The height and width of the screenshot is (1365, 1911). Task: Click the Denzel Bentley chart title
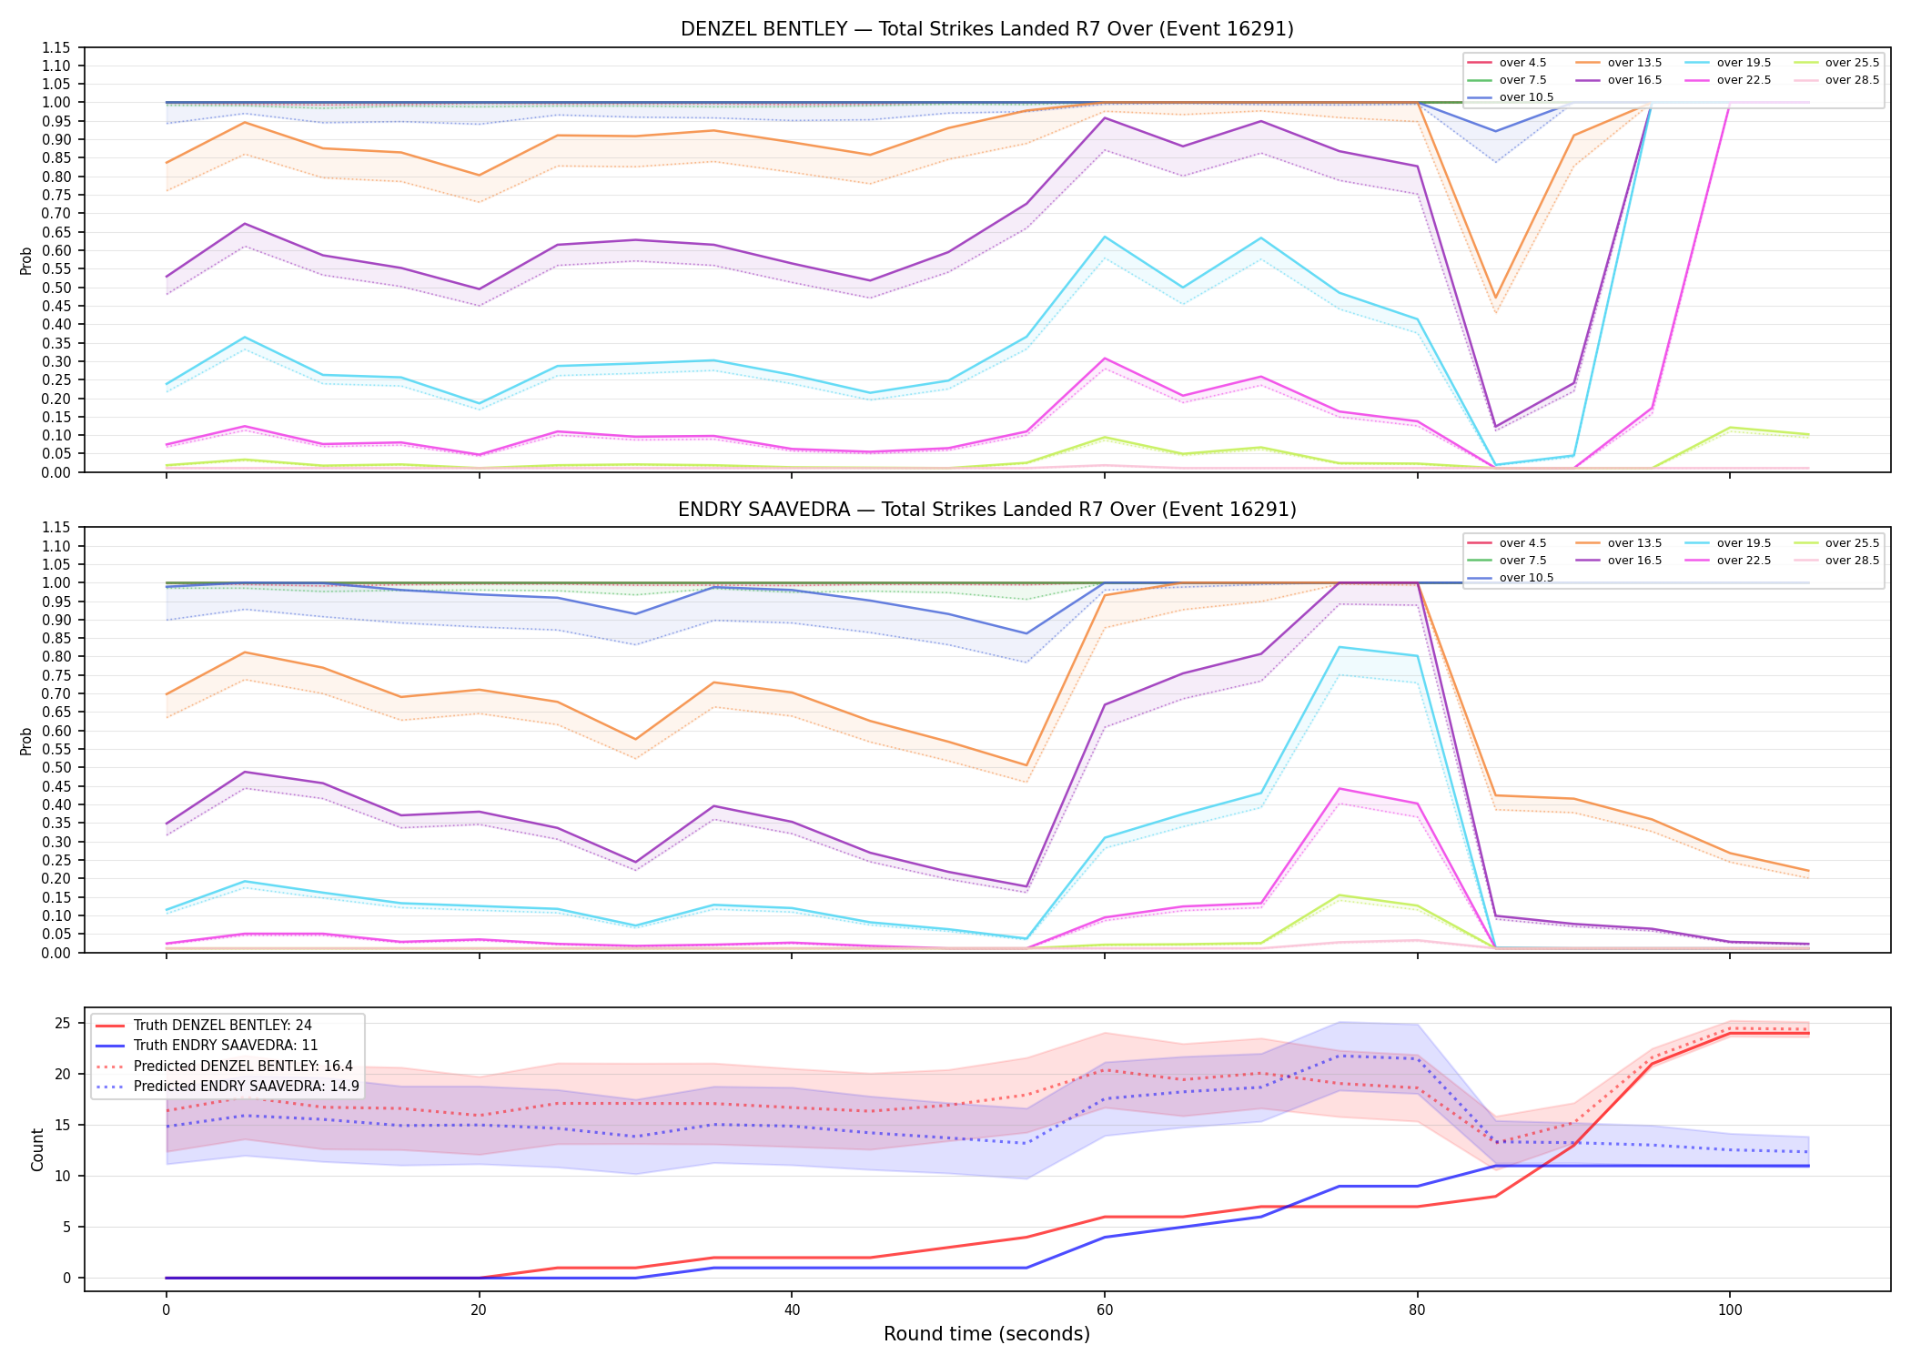point(986,29)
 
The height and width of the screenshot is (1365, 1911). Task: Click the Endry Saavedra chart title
point(986,510)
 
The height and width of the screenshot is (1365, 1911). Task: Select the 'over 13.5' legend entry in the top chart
point(1619,63)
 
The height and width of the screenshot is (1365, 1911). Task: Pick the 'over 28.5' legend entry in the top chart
point(1836,80)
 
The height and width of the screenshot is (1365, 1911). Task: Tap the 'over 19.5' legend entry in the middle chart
point(1728,543)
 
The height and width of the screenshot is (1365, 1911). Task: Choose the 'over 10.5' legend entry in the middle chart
point(1511,578)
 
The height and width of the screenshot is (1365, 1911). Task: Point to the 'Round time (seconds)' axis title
point(986,1334)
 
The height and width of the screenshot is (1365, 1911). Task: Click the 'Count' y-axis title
point(37,1149)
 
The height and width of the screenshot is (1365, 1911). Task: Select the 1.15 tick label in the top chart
point(56,47)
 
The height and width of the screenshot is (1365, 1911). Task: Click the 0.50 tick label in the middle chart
point(56,767)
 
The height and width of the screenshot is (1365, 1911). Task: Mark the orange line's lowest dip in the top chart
point(1495,298)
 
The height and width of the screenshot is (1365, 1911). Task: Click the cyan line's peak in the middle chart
point(1339,647)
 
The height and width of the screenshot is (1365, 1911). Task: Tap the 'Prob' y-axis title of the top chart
point(26,260)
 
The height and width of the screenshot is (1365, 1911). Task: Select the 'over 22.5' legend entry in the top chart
point(1728,80)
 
